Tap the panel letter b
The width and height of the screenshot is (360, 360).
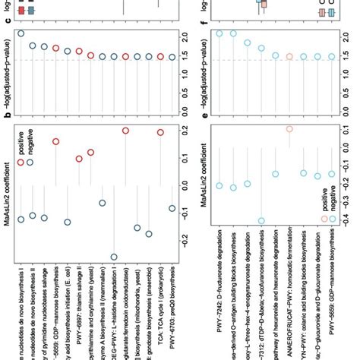coord(7,112)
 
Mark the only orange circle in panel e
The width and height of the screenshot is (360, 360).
coord(289,129)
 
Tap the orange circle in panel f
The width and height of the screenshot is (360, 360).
coord(289,57)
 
